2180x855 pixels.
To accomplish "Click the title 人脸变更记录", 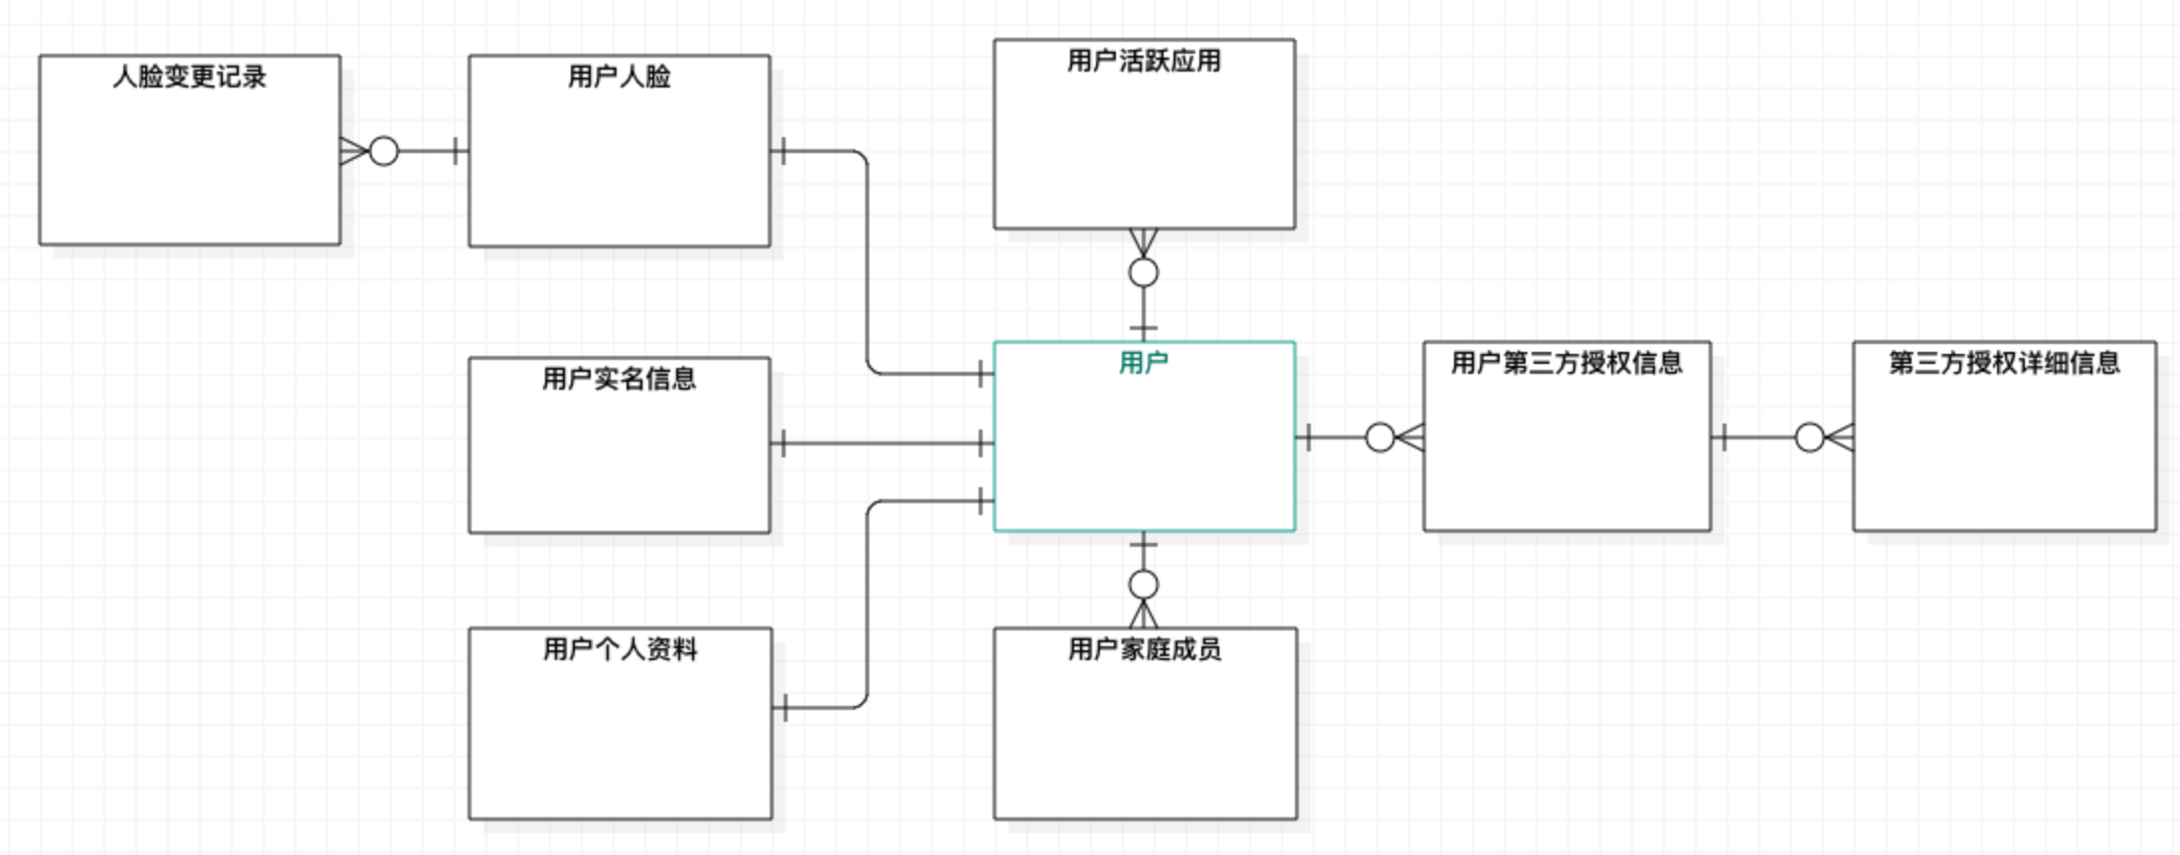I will [189, 77].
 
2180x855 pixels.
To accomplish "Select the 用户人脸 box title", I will [619, 77].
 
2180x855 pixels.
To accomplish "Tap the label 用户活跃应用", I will [1144, 61].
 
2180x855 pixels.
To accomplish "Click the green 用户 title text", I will [1144, 363].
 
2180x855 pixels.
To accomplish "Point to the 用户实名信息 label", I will [619, 379].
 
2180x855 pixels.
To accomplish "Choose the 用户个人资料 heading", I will [620, 649].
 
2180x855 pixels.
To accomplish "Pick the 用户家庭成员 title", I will [1145, 649].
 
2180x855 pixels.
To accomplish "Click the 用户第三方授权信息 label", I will [1566, 363].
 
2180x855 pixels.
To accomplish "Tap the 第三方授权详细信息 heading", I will [2004, 363].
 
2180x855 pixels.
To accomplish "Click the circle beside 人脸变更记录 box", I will [384, 152].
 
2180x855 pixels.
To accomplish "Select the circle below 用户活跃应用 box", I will [1144, 272].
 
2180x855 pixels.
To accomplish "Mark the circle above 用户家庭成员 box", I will [1144, 585].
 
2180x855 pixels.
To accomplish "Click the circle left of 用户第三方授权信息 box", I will [1380, 437].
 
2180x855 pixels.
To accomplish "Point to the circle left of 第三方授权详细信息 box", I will [1810, 437].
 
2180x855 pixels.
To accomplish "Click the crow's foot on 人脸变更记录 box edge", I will [353, 152].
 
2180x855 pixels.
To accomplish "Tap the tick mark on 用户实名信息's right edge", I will [784, 443].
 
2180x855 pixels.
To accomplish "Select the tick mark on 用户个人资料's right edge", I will [785, 708].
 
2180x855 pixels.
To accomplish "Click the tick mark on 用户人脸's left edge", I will [455, 152].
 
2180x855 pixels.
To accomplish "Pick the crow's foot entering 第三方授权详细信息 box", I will [1840, 437].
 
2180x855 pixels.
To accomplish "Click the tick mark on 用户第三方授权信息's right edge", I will [1725, 437].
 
